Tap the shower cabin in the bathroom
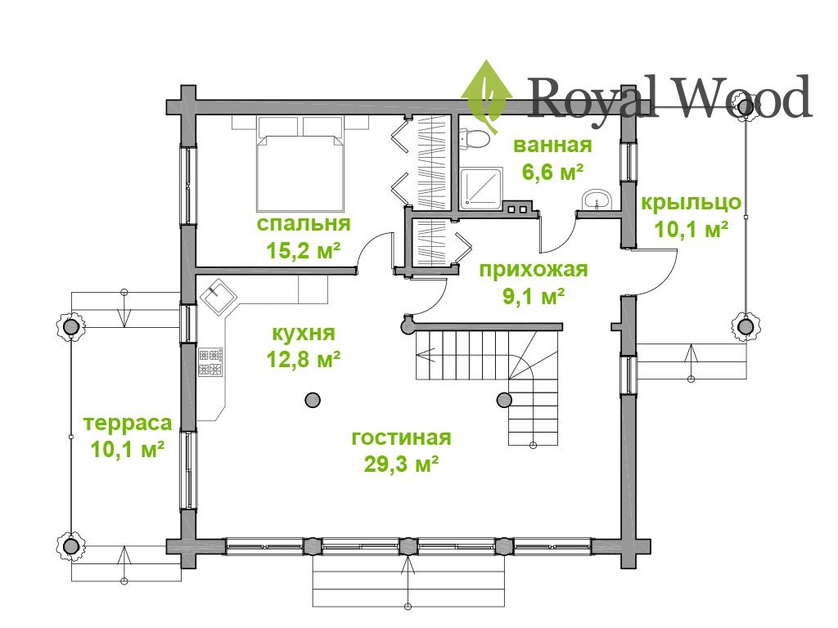pyautogui.click(x=481, y=187)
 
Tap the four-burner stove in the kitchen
pyautogui.click(x=210, y=362)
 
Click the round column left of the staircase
pyautogui.click(x=313, y=399)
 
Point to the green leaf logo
pyautogui.click(x=486, y=96)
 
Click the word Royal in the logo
pyautogui.click(x=592, y=100)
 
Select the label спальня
pyautogui.click(x=304, y=223)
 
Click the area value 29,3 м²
pyautogui.click(x=401, y=464)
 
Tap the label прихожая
pyautogui.click(x=534, y=270)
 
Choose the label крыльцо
pyautogui.click(x=691, y=203)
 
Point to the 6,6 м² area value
pyautogui.click(x=552, y=172)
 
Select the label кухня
pyautogui.click(x=304, y=334)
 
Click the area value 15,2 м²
pyautogui.click(x=304, y=249)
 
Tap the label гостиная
pyautogui.click(x=401, y=437)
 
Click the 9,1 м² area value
pyautogui.click(x=534, y=296)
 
